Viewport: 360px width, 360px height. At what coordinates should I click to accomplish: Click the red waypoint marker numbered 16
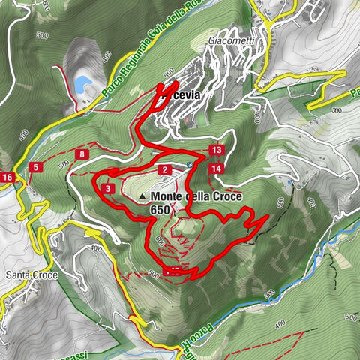click(x=7, y=177)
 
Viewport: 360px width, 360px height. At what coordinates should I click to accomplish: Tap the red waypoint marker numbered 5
click(x=36, y=166)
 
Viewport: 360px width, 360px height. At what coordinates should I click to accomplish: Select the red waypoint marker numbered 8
click(x=82, y=154)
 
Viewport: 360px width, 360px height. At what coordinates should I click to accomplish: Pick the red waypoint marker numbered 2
click(x=163, y=170)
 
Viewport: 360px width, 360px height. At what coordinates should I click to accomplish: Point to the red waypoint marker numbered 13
click(x=217, y=151)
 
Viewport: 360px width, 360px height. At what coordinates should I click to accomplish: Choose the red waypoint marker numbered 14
click(x=216, y=169)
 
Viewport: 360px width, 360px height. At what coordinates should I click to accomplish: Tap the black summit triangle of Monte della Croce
click(x=142, y=198)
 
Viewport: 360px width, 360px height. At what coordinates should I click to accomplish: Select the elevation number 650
click(x=160, y=210)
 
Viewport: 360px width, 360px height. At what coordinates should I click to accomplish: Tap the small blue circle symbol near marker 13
click(x=190, y=165)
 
